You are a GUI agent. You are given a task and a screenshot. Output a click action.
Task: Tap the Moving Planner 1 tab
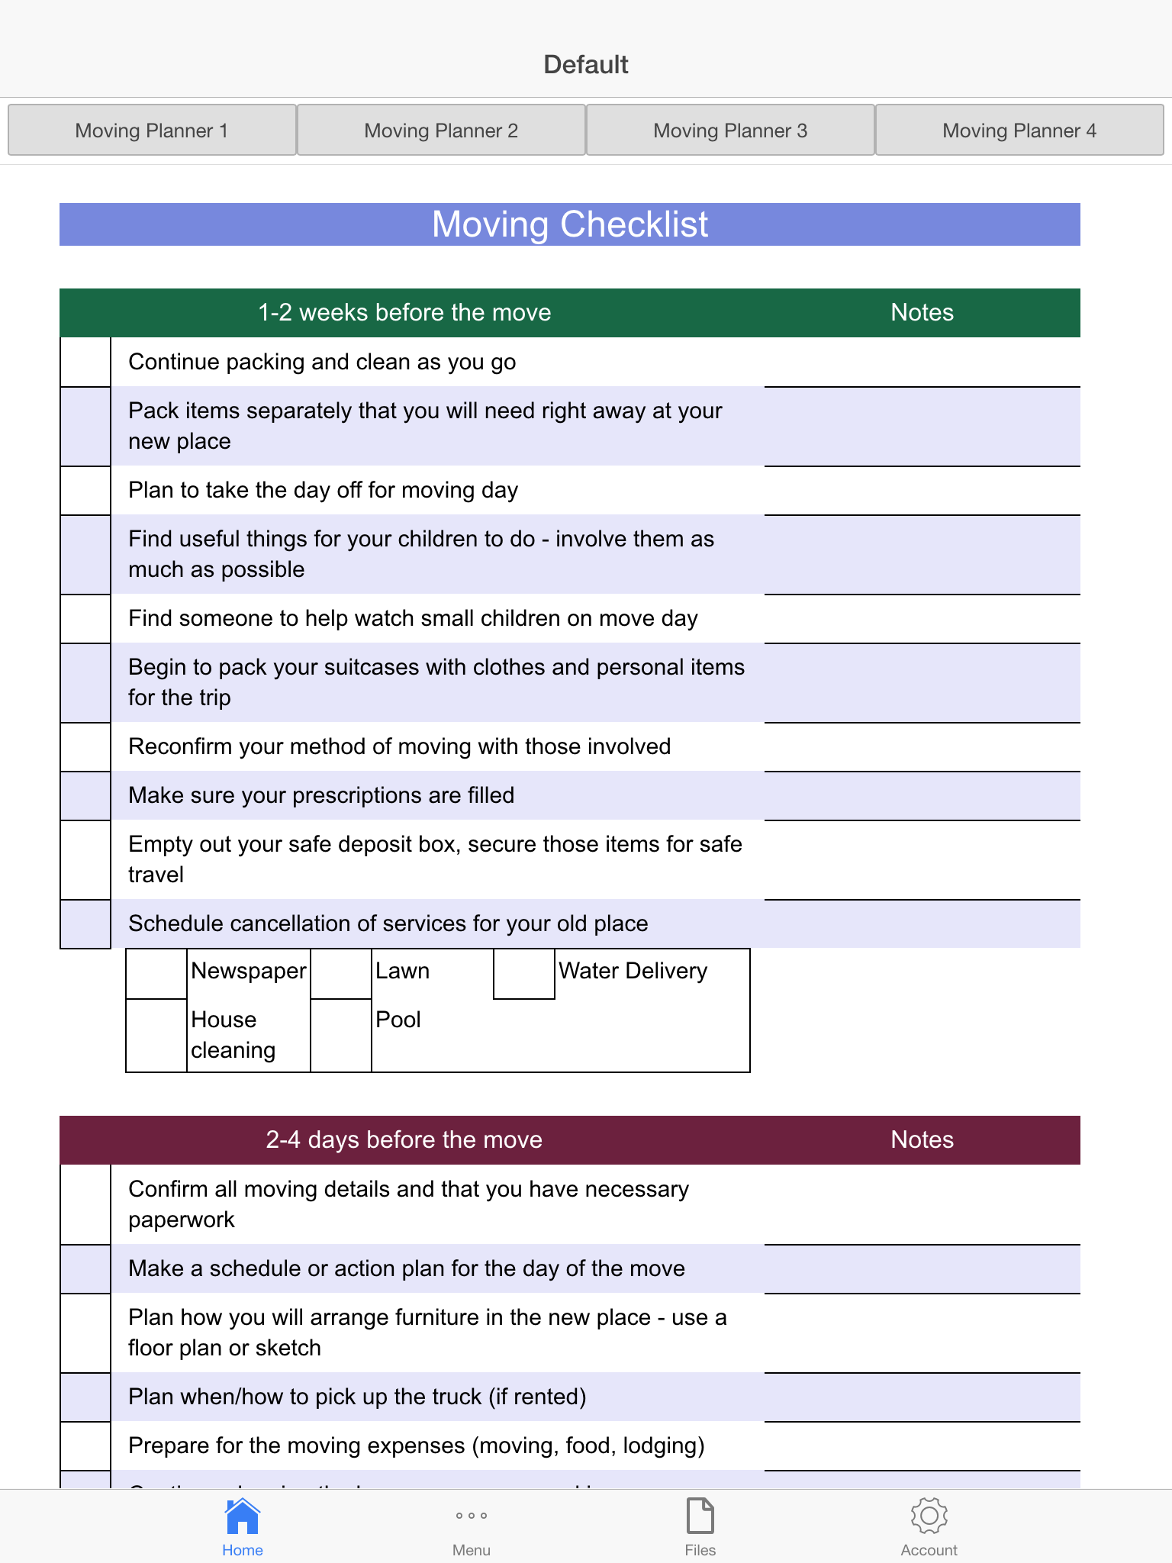click(x=152, y=131)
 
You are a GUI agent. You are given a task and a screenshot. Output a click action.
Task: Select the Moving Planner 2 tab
click(x=441, y=131)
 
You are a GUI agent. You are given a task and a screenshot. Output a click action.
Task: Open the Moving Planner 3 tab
click(x=730, y=131)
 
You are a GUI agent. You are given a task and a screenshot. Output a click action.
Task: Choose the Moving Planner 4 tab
click(x=1019, y=131)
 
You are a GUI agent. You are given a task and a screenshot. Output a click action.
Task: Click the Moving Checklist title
click(x=570, y=224)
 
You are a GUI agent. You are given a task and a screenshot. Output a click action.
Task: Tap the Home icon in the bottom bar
click(x=243, y=1516)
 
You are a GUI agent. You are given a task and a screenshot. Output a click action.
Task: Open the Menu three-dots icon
click(x=472, y=1516)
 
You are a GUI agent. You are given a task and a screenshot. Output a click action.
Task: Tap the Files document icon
click(x=700, y=1516)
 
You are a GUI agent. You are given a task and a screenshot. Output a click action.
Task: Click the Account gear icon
click(x=929, y=1516)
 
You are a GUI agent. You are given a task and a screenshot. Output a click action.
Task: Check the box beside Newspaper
click(x=156, y=974)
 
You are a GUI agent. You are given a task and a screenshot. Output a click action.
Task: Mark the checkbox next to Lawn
click(x=341, y=974)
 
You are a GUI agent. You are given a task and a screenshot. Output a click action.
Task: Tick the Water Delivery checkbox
click(x=524, y=974)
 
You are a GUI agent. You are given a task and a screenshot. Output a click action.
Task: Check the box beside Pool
click(x=341, y=1035)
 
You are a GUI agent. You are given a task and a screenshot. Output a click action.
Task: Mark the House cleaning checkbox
click(x=156, y=1035)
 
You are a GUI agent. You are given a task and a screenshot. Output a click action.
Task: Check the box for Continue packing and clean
click(x=85, y=362)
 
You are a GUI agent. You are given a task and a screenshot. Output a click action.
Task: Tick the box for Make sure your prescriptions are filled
click(x=85, y=795)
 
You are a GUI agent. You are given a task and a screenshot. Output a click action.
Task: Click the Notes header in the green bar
click(x=922, y=313)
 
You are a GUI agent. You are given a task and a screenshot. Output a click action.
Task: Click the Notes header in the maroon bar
click(x=922, y=1140)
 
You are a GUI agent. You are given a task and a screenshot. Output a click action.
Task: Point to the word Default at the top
click(x=585, y=65)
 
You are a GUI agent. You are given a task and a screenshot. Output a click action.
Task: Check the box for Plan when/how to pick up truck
click(x=85, y=1397)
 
